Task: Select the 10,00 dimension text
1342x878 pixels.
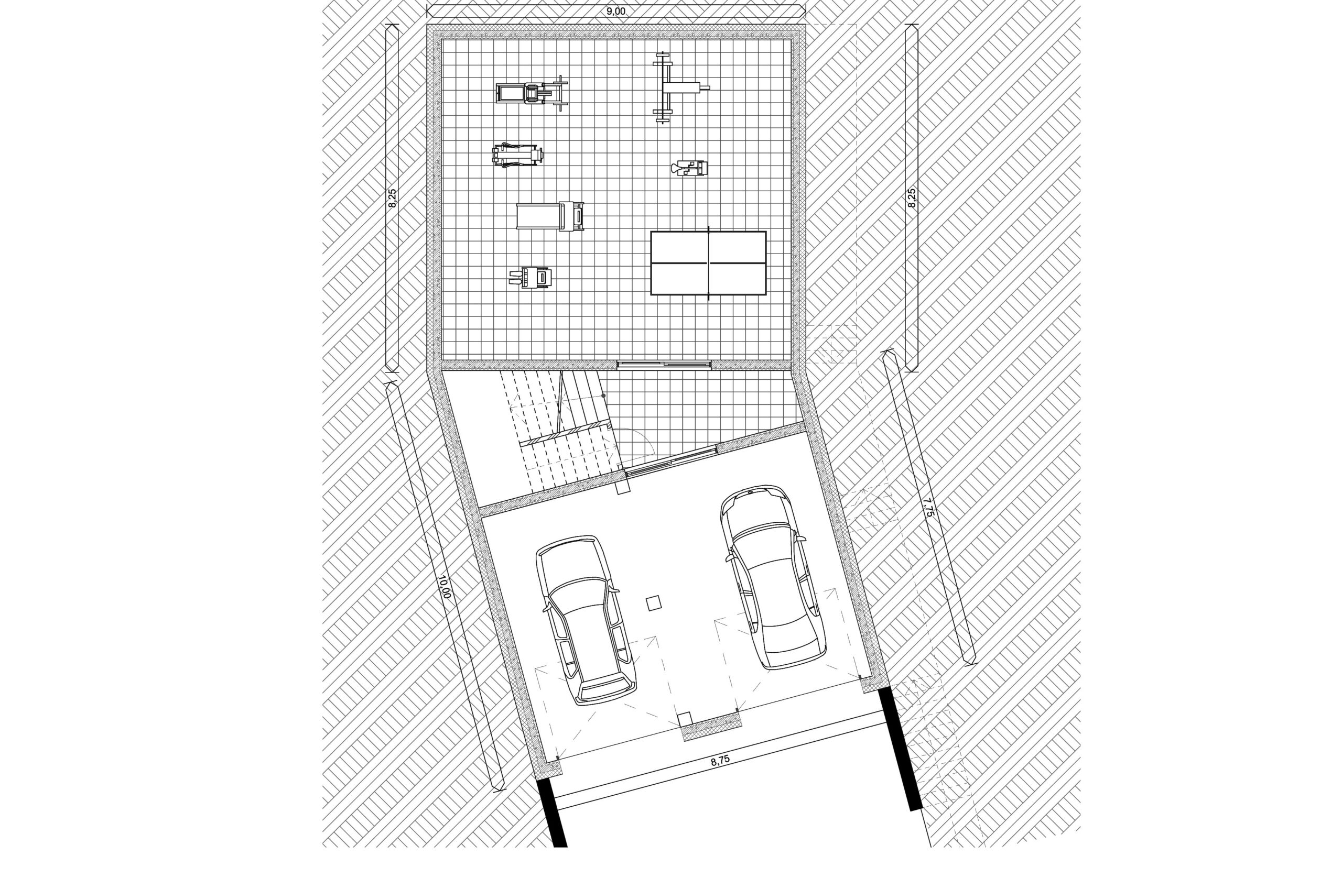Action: (445, 587)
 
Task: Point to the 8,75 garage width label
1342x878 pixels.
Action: (720, 760)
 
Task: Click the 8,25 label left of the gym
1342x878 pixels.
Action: (393, 199)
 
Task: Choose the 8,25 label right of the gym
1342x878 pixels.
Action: (912, 199)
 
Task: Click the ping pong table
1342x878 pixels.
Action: (708, 262)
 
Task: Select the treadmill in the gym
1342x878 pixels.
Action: (550, 216)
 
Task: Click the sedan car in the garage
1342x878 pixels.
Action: (773, 576)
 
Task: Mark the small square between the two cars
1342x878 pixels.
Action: (654, 603)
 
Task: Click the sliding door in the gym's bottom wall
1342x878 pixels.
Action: (664, 364)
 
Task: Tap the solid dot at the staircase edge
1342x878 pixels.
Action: (604, 396)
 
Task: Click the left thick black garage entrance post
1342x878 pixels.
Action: (552, 820)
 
